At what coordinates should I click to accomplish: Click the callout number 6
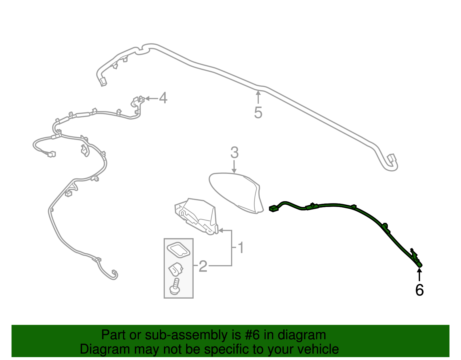pos(419,290)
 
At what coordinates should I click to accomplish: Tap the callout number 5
pos(258,112)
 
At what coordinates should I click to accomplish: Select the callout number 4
pos(163,98)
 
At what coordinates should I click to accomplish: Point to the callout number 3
pos(234,152)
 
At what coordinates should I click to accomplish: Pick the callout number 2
pos(203,266)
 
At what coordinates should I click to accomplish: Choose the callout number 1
pos(241,248)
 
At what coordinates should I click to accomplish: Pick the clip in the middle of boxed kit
pos(175,269)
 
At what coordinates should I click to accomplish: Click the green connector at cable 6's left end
pos(273,208)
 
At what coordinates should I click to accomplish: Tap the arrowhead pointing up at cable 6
pos(419,270)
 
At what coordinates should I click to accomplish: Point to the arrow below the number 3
pos(234,167)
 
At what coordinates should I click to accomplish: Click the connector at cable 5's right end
pos(392,158)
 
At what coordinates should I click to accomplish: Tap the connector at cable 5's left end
pos(103,82)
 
